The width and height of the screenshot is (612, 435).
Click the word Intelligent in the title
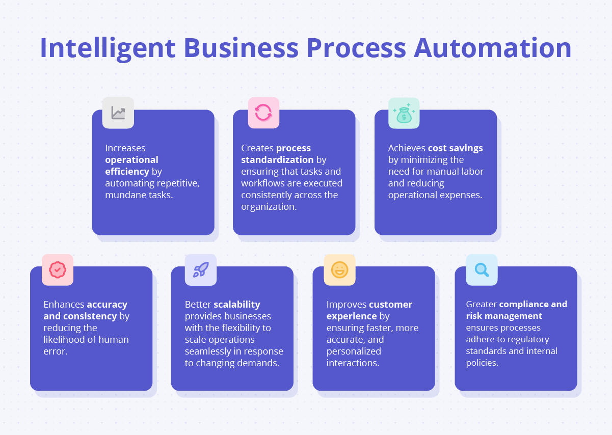point(108,48)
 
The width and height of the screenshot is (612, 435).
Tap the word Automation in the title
point(493,48)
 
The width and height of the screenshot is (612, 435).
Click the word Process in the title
point(356,48)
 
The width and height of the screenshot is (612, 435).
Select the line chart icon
point(118,113)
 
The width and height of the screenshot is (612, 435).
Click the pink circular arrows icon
point(263,113)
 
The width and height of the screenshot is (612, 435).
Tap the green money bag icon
point(404,113)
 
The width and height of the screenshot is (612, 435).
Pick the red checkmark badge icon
point(58,269)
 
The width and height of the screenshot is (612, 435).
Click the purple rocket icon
point(200,269)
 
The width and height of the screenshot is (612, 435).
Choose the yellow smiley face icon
point(339,269)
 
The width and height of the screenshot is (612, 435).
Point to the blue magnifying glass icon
point(482,269)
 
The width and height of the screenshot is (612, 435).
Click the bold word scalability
point(237,305)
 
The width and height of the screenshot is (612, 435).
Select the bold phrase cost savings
point(455,148)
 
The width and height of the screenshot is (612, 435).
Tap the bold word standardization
point(277,160)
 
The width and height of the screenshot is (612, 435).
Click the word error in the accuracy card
point(55,351)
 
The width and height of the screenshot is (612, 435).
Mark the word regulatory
point(525,339)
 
